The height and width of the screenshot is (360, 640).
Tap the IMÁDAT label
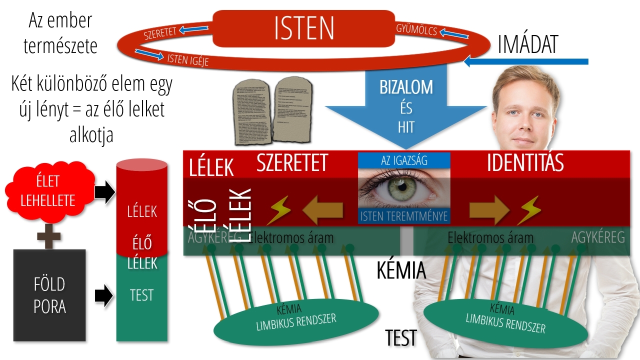pos(528,45)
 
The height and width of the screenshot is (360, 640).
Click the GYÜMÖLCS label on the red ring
pos(416,29)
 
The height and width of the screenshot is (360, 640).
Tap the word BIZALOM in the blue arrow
pos(406,87)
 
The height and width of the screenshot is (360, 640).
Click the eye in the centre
pos(404,188)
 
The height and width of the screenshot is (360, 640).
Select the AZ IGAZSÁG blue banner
pos(404,160)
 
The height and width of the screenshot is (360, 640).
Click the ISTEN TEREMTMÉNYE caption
pos(404,216)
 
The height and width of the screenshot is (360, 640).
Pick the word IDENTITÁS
pos(525,163)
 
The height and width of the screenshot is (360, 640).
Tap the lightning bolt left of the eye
pos(278,210)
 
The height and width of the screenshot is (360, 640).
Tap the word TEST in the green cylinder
pos(141,295)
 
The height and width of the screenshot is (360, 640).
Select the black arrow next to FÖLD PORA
pos(104,295)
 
